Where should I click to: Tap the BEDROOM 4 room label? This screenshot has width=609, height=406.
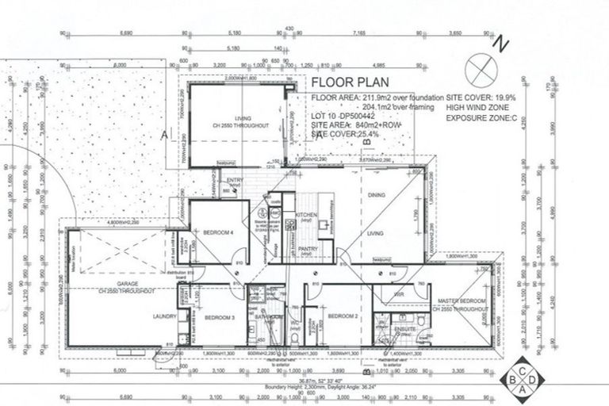pos(218,234)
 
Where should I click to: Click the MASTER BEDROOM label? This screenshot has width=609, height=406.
pos(462,304)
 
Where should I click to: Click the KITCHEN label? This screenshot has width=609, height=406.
pos(306,215)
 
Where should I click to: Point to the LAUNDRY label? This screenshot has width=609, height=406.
pos(164,316)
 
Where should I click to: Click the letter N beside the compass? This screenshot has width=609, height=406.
pos(499,46)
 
